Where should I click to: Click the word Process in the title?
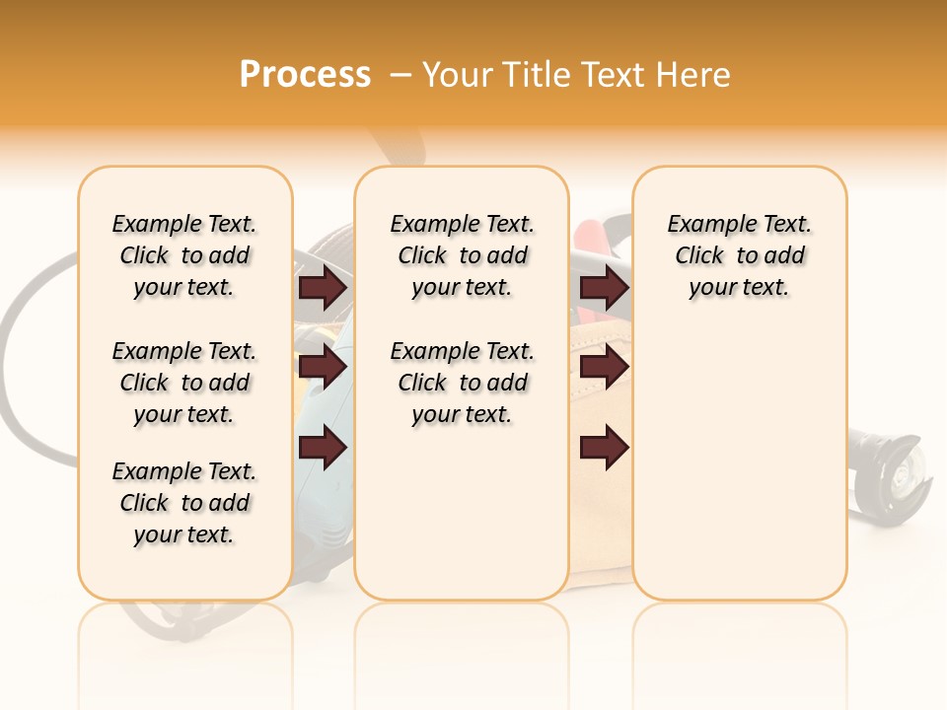305,75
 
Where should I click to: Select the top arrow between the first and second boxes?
323,288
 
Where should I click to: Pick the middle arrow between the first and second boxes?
323,368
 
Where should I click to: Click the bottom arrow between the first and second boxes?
323,448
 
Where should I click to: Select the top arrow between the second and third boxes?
604,288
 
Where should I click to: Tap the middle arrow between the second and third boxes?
604,368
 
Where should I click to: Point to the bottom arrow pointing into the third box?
604,448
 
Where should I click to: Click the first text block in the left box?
184,255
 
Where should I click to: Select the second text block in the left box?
184,383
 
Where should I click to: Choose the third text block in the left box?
184,503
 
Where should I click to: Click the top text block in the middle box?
462,255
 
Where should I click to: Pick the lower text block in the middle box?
462,383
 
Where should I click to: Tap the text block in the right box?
740,255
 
